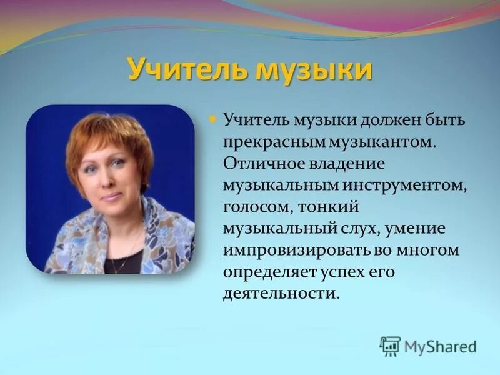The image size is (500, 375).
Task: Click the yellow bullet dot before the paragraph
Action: click(x=211, y=117)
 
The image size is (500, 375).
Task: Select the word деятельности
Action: click(x=281, y=294)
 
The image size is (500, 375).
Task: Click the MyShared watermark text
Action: click(x=440, y=346)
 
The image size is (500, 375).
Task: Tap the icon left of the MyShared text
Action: click(x=390, y=346)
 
